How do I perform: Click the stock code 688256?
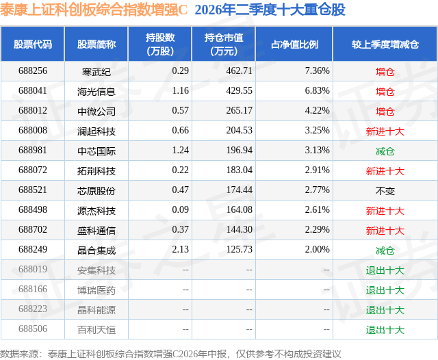pyautogui.click(x=33, y=71)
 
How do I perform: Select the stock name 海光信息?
pyautogui.click(x=96, y=92)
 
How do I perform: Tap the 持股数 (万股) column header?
pyautogui.click(x=160, y=44)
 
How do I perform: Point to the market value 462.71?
pyautogui.click(x=239, y=71)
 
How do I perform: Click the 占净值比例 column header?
pyautogui.click(x=294, y=44)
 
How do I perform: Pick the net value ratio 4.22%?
pyautogui.click(x=317, y=111)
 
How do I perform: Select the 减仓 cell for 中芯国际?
pyautogui.click(x=385, y=151)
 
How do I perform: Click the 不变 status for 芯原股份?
pyautogui.click(x=385, y=191)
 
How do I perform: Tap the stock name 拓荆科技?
pyautogui.click(x=96, y=171)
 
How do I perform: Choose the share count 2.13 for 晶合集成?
pyautogui.click(x=180, y=249)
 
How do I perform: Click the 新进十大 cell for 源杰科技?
pyautogui.click(x=385, y=211)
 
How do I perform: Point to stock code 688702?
pyautogui.click(x=33, y=229)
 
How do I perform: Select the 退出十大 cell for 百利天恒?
pyautogui.click(x=385, y=330)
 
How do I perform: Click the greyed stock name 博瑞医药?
pyautogui.click(x=96, y=290)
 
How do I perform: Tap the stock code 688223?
pyautogui.click(x=33, y=309)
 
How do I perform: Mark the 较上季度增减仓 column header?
pyautogui.click(x=385, y=44)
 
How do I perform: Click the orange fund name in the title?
pyautogui.click(x=94, y=10)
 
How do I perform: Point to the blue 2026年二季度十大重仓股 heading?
pyautogui.click(x=270, y=10)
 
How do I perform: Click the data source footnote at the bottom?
pyautogui.click(x=170, y=354)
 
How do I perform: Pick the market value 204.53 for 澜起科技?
pyautogui.click(x=239, y=131)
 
